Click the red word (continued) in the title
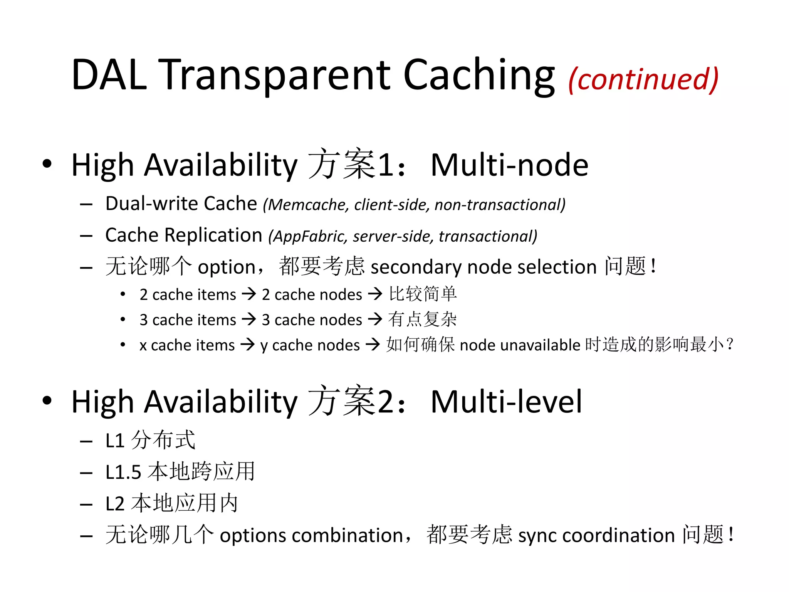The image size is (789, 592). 643,79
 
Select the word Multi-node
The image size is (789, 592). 509,165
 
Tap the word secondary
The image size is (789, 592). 416,267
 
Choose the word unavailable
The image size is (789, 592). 540,345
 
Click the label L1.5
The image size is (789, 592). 123,472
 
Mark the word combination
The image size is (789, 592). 347,535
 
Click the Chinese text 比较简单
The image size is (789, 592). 423,294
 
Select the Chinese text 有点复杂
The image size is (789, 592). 422,320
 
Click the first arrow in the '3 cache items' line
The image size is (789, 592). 249,319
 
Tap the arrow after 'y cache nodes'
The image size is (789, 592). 373,344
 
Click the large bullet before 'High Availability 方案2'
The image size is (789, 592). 47,401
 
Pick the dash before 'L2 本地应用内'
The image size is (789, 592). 86,505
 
